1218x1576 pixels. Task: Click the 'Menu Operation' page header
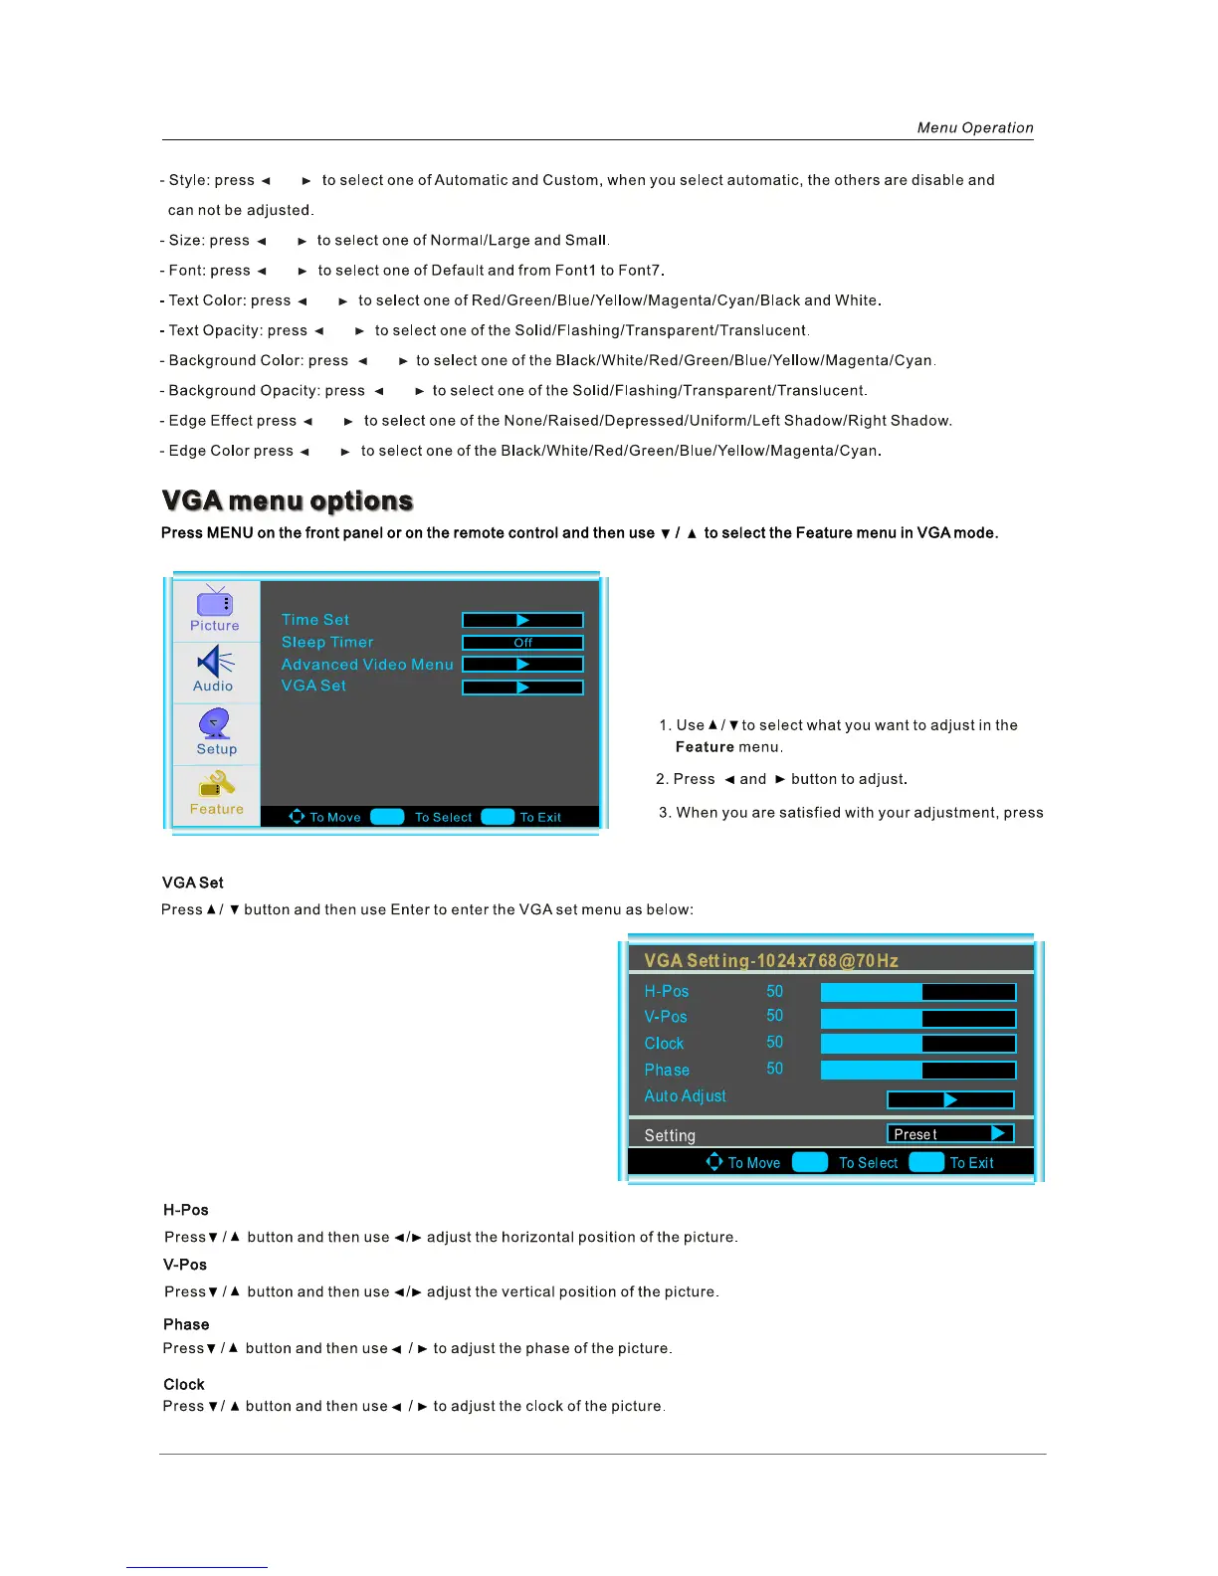click(x=974, y=127)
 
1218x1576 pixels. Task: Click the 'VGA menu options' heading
click(x=287, y=500)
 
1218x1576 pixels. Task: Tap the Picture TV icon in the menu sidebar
click(x=215, y=603)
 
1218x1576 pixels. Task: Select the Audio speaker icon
click(x=215, y=662)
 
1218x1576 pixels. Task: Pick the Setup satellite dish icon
click(x=215, y=723)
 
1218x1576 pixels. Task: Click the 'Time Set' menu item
click(x=314, y=620)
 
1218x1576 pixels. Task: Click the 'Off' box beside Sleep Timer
click(x=522, y=643)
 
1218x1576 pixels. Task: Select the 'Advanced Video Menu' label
click(x=366, y=665)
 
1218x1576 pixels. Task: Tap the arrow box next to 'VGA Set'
click(x=522, y=688)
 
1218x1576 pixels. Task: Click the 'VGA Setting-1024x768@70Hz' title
click(x=770, y=960)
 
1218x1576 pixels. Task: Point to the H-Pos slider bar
click(x=917, y=992)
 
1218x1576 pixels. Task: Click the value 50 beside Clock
click(x=774, y=1043)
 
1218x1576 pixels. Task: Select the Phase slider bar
click(x=917, y=1070)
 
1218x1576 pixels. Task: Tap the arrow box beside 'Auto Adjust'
click(x=950, y=1099)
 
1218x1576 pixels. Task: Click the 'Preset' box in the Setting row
click(x=949, y=1133)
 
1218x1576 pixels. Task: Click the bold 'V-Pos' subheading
click(x=185, y=1265)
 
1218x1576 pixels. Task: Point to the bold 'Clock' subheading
click(x=184, y=1384)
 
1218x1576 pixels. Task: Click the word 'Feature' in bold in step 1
click(x=705, y=747)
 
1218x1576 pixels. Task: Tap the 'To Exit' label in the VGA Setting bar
click(x=971, y=1162)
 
